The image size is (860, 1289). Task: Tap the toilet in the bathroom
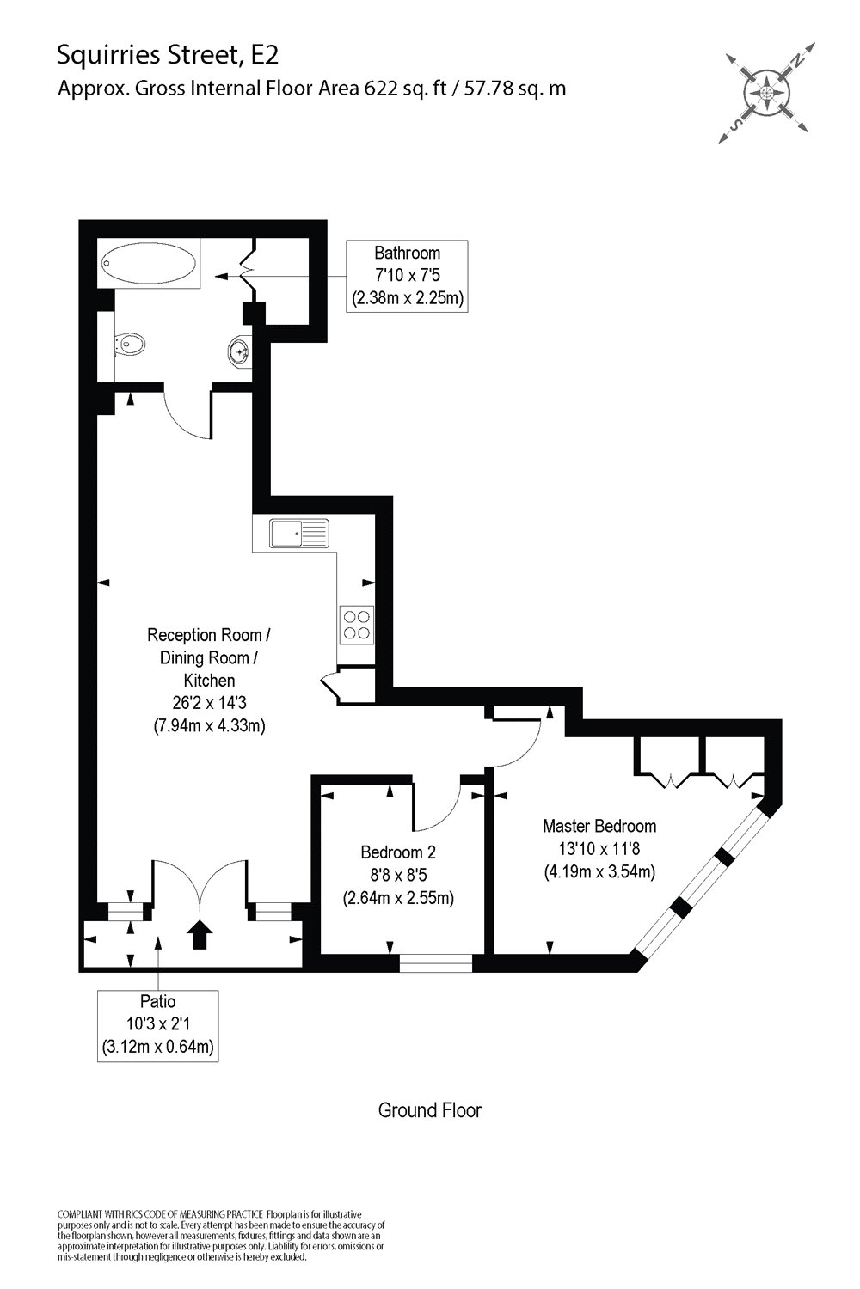coord(132,345)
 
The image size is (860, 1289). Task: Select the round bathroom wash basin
coord(240,351)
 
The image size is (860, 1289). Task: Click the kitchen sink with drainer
coord(299,534)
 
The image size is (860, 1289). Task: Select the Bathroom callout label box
coord(408,276)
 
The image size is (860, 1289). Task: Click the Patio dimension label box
coord(157,1024)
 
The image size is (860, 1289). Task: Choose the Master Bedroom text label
coord(599,826)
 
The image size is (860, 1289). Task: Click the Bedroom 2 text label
coord(398,852)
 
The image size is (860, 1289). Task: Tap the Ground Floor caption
coord(429,1110)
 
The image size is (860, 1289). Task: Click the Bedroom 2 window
coord(436,963)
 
